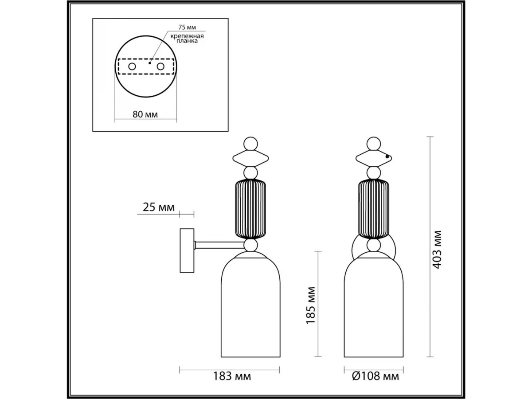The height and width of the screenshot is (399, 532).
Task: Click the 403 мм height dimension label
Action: pyautogui.click(x=437, y=250)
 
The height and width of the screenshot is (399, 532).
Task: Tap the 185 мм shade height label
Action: pyautogui.click(x=310, y=305)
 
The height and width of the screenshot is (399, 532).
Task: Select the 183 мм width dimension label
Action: pyautogui.click(x=232, y=376)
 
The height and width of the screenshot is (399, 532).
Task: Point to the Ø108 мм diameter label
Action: pyautogui.click(x=376, y=376)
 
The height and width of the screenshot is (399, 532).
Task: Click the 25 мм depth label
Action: pyautogui.click(x=159, y=207)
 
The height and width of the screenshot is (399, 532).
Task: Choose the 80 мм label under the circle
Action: pyautogui.click(x=145, y=114)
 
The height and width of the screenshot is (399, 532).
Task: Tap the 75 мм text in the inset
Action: pyautogui.click(x=187, y=27)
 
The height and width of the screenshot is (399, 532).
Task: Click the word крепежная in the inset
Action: pyautogui.click(x=187, y=36)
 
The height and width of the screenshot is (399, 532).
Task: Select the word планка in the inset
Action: pyautogui.click(x=187, y=41)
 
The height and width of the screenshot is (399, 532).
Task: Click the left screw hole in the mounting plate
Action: pyautogui.click(x=132, y=66)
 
